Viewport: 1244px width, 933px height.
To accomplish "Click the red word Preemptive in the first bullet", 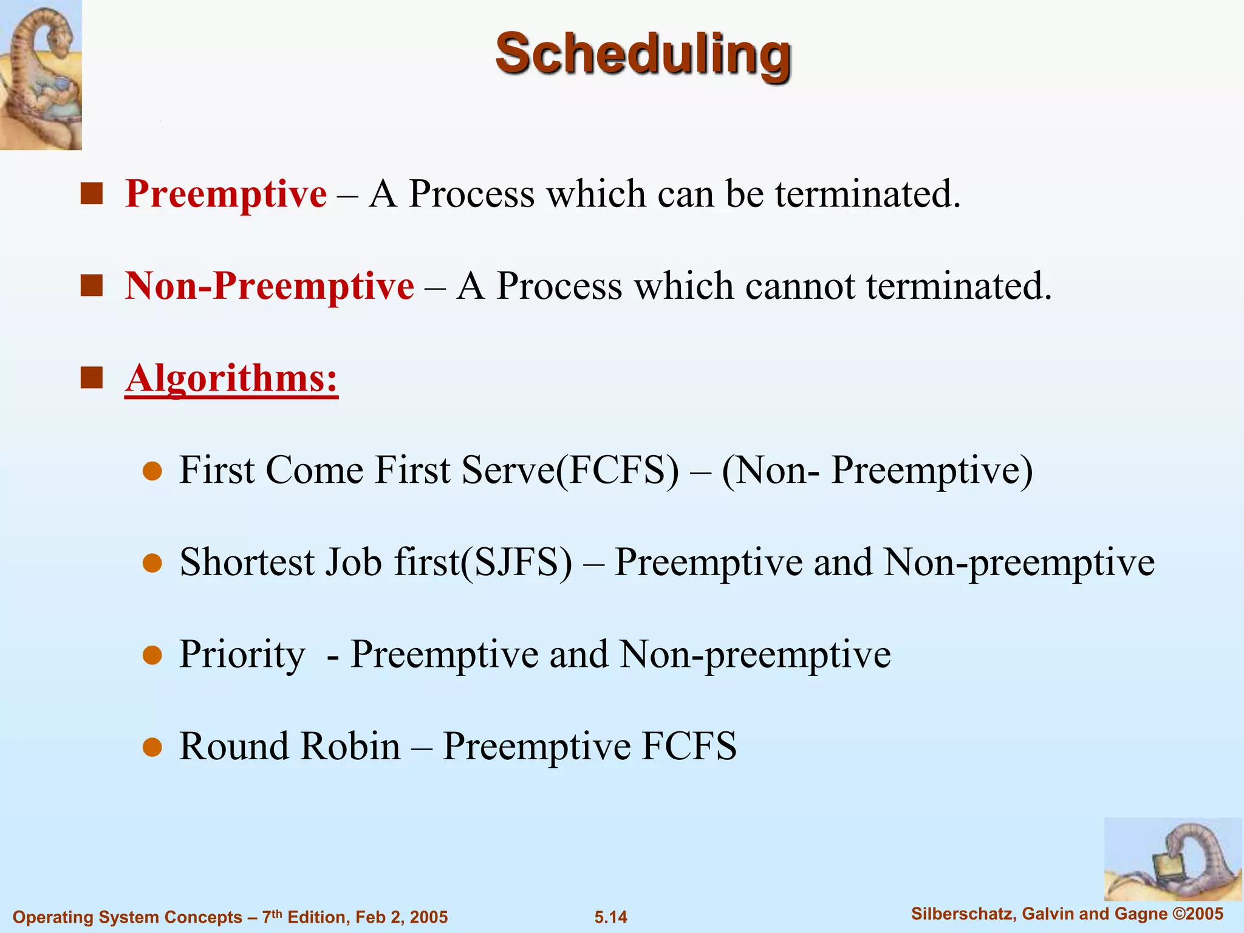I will (226, 194).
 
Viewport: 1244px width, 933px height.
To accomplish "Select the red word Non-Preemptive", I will (270, 286).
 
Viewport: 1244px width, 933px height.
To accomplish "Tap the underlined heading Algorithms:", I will (231, 378).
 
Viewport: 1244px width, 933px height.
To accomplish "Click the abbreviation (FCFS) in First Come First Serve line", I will (617, 470).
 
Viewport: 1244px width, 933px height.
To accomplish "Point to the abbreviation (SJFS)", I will (516, 562).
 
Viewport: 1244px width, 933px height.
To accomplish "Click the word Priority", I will (242, 655).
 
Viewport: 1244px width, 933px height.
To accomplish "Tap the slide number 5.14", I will (610, 917).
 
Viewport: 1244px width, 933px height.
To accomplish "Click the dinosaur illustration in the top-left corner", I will (41, 74).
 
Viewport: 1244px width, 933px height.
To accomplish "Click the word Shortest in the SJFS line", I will (247, 562).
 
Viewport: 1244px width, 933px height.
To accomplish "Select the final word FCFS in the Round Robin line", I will (689, 747).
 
